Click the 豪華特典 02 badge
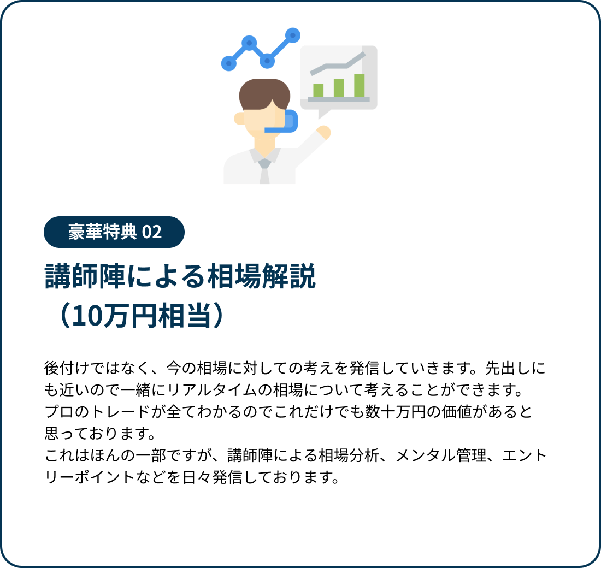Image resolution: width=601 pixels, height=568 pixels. (x=114, y=232)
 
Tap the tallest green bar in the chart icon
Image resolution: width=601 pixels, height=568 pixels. (x=359, y=85)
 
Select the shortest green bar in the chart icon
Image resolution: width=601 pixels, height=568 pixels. (x=318, y=91)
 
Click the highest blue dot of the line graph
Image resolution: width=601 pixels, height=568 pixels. (x=293, y=35)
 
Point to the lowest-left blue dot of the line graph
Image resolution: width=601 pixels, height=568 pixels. (x=229, y=63)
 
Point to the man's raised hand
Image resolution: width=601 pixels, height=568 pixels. (x=324, y=132)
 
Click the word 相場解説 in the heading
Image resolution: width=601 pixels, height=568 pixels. (x=261, y=276)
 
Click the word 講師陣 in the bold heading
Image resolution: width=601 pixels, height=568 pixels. (x=85, y=276)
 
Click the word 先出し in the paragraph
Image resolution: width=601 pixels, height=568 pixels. (x=508, y=368)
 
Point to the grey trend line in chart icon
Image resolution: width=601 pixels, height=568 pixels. (x=337, y=63)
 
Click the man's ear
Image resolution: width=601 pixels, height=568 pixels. (x=239, y=119)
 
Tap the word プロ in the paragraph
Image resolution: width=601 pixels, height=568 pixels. (x=60, y=412)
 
